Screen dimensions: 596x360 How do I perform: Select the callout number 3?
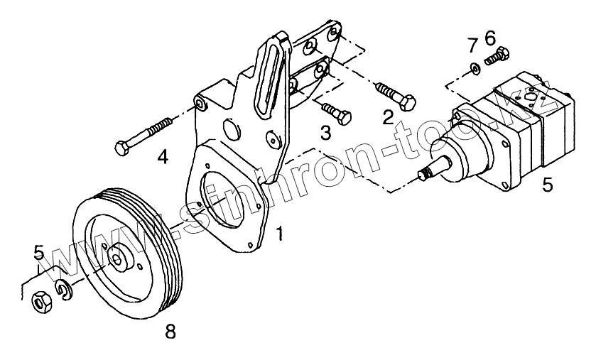[325, 132]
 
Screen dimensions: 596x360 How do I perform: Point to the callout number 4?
[163, 156]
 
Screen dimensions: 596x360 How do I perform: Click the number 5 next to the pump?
[548, 185]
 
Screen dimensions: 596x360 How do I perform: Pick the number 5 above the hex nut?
[40, 253]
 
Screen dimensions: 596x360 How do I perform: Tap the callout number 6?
[489, 36]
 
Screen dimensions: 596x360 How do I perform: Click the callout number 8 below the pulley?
[169, 329]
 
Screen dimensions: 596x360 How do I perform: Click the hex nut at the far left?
[41, 301]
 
